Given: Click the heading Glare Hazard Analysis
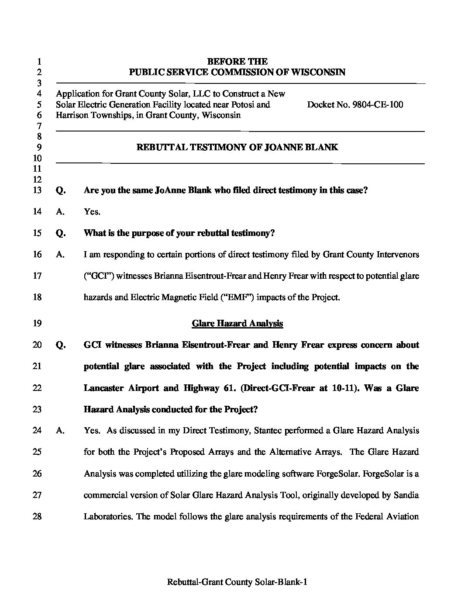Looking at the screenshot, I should click(237, 324).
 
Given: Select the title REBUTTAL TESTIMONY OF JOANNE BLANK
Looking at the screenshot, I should click(237, 147).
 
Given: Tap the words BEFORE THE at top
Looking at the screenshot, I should click(237, 62).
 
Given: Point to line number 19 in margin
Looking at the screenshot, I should click(37, 324).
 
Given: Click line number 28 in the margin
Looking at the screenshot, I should click(37, 517).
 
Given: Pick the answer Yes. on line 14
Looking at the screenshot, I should click(92, 212).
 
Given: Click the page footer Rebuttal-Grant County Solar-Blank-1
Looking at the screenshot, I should click(237, 582).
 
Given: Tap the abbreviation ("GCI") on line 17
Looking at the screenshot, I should click(99, 276).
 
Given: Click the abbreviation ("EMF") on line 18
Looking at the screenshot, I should click(238, 297).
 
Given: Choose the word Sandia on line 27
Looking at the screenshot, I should click(406, 495).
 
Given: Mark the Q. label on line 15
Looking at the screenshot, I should click(61, 233).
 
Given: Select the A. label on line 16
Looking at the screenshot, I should click(60, 255).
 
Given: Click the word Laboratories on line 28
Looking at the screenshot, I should click(108, 517).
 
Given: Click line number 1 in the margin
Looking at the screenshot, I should click(39, 62).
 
